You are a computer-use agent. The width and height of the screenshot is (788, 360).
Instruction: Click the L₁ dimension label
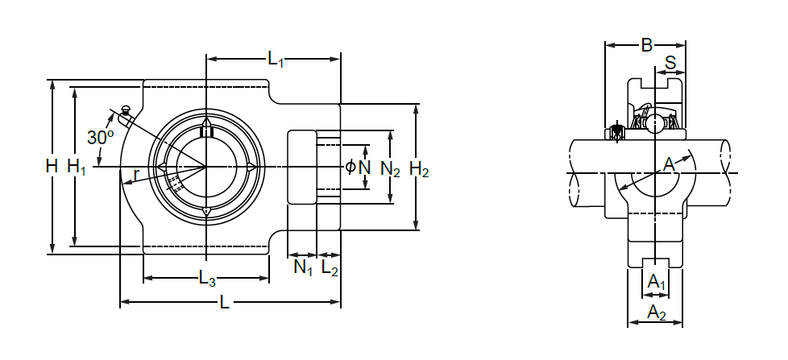click(276, 59)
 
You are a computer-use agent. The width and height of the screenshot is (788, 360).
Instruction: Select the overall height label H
click(52, 167)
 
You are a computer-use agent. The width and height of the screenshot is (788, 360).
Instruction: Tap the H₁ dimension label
click(77, 167)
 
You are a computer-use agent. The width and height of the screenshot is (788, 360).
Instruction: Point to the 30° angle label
click(100, 138)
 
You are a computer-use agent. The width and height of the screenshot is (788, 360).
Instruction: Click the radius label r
click(138, 173)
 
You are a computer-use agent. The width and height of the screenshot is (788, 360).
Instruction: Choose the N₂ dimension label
click(391, 168)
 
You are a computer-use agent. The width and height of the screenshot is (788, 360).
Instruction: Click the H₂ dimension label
click(419, 168)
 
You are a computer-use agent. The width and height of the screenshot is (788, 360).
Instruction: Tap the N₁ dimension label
click(302, 267)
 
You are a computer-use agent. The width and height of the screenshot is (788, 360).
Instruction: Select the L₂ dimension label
click(330, 267)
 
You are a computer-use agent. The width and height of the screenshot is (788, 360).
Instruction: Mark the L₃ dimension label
click(207, 279)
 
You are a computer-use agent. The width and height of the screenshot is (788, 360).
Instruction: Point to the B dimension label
click(646, 45)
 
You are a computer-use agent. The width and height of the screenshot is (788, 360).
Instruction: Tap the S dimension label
click(670, 63)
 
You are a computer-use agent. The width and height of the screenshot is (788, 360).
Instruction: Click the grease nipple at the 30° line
click(125, 110)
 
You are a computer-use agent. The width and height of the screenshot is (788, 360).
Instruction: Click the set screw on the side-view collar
click(618, 131)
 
